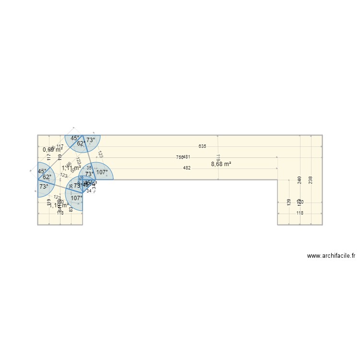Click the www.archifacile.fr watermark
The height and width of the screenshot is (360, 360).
(331, 256)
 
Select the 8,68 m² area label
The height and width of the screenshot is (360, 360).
(221, 164)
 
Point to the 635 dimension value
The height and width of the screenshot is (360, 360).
(203, 146)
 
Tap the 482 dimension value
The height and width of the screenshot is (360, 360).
(187, 168)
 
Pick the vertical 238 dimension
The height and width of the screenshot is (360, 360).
(311, 180)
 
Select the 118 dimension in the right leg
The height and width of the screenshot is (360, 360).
(300, 213)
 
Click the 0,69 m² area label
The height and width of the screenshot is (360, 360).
(52, 150)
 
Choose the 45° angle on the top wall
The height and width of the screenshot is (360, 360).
(75, 139)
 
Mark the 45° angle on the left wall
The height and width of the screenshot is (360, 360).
(42, 171)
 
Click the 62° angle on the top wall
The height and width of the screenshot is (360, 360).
(81, 144)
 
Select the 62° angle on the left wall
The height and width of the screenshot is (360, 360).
(47, 177)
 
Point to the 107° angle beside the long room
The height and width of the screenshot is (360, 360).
(102, 172)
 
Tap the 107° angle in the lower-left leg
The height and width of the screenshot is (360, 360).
(76, 198)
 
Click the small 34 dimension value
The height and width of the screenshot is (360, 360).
(89, 191)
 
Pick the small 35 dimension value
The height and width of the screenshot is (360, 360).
(89, 168)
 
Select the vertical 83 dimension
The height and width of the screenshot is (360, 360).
(71, 209)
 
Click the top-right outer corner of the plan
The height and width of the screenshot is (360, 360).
(322, 135)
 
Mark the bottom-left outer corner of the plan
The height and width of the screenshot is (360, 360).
(38, 225)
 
